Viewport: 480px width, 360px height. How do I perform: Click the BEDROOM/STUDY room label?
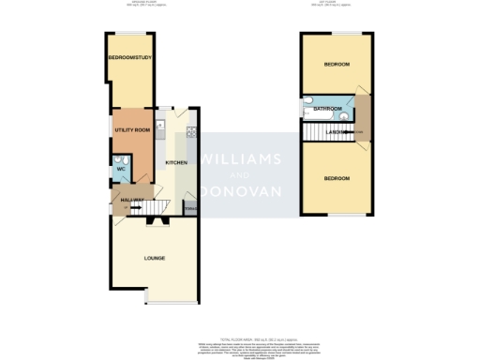pyautogui.click(x=130, y=59)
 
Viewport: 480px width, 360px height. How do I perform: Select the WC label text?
pyautogui.click(x=121, y=169)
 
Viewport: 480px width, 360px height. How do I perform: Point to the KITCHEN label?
pyautogui.click(x=176, y=162)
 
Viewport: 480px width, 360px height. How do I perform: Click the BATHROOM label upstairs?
pyautogui.click(x=327, y=109)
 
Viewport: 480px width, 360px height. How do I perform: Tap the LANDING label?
pyautogui.click(x=338, y=133)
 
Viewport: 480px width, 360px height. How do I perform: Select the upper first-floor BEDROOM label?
pyautogui.click(x=337, y=65)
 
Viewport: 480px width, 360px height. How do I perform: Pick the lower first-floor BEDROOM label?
pyautogui.click(x=337, y=178)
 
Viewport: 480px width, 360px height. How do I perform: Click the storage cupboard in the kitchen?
pyautogui.click(x=189, y=208)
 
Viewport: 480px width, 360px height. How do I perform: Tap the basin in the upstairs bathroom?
pyautogui.click(x=343, y=118)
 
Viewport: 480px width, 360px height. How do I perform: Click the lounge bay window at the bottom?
pyautogui.click(x=172, y=304)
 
